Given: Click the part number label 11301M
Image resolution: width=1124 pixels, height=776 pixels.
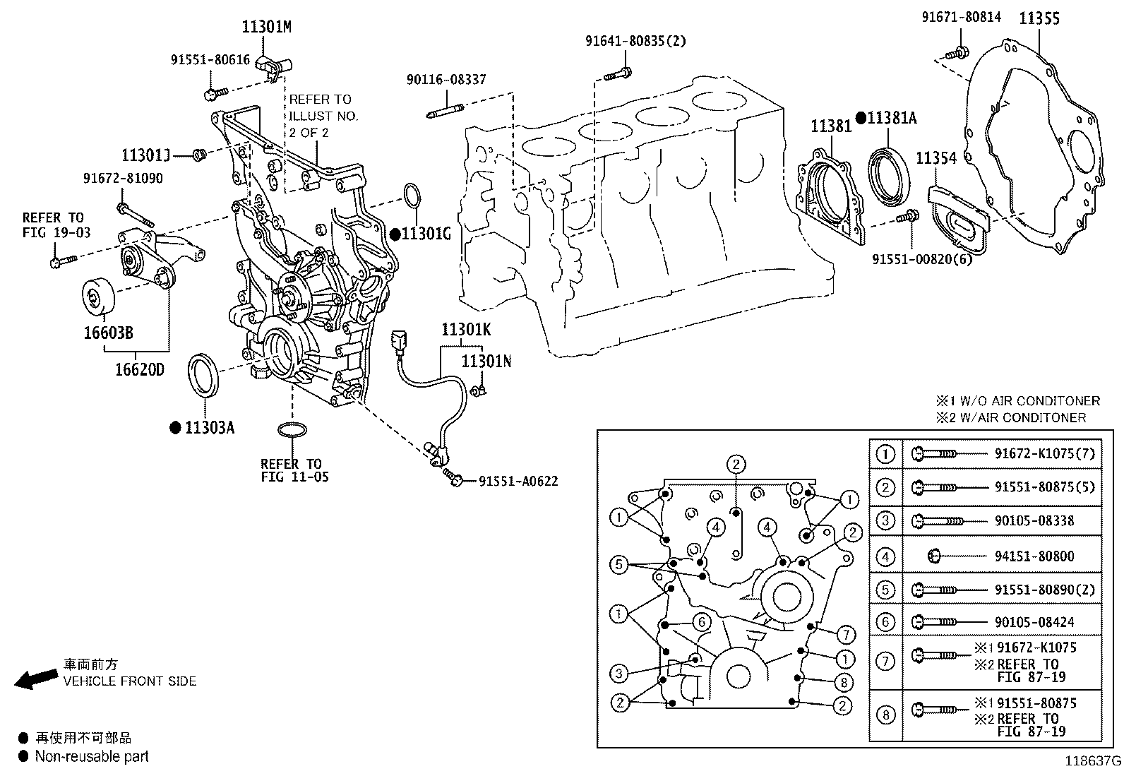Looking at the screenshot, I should click(266, 28).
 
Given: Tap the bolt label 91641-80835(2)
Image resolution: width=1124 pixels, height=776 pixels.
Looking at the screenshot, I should click(635, 41).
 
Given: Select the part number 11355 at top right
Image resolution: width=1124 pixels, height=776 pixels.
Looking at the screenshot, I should click(1039, 19).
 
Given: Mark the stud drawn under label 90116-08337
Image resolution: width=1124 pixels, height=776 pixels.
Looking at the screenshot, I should click(446, 110).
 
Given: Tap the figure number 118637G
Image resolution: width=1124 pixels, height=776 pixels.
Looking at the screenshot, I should click(1093, 761).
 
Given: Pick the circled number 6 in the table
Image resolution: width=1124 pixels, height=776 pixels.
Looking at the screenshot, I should click(885, 622).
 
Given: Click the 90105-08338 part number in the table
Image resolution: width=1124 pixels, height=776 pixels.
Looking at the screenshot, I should click(1034, 521).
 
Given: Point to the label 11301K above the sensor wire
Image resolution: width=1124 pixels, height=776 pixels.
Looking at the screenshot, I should click(466, 329).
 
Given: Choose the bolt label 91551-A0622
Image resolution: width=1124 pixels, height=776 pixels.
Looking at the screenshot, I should click(518, 482).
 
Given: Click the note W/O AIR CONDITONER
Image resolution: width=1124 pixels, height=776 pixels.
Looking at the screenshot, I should click(1025, 401).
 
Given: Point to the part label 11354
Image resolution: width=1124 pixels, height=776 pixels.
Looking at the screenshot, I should click(936, 158).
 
